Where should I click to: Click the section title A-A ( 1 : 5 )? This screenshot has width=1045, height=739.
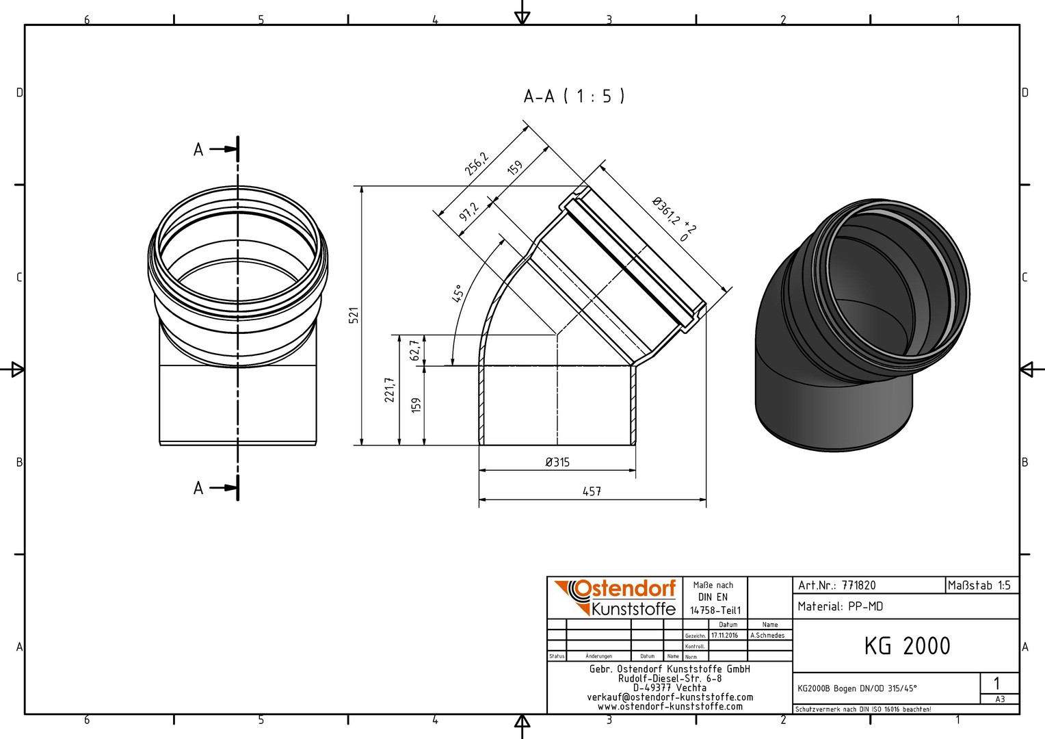(x=574, y=96)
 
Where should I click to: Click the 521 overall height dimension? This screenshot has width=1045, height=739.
(x=354, y=315)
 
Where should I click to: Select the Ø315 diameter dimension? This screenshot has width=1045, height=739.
(x=557, y=462)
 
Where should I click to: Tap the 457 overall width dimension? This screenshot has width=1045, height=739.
(x=592, y=491)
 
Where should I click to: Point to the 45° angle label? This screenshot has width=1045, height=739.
(x=458, y=293)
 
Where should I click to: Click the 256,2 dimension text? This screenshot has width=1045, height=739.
(x=476, y=164)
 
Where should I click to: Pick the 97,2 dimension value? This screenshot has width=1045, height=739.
(x=468, y=211)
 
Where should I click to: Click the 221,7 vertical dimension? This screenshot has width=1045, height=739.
(x=390, y=390)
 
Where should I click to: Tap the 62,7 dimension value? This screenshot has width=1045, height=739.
(x=416, y=350)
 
